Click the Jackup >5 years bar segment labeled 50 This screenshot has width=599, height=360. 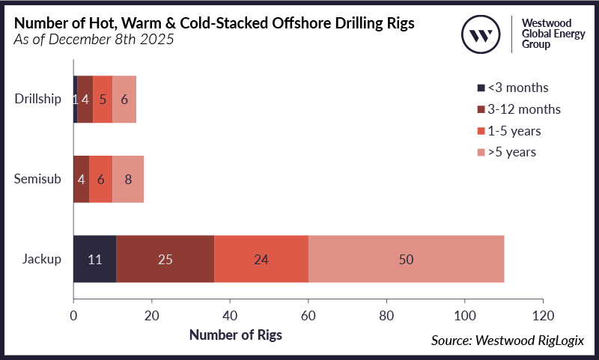point(405,260)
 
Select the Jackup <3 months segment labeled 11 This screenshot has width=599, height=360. point(94,260)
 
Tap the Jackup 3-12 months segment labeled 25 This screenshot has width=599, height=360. point(165,260)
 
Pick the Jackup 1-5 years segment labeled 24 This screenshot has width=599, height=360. point(261,260)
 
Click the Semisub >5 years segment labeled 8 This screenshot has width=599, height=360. point(128,180)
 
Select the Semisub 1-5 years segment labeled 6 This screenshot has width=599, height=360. point(100,180)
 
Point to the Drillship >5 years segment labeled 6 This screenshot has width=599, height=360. point(124,100)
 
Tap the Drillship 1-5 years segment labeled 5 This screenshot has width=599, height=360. point(103,100)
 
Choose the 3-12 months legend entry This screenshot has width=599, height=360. point(517,109)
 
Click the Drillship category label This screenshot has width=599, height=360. point(38,100)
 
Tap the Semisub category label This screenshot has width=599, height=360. point(38,180)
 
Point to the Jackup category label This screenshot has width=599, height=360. point(43,260)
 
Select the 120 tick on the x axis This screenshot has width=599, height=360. point(543,314)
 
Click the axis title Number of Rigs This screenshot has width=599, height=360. point(235,335)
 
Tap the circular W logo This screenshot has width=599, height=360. point(481,34)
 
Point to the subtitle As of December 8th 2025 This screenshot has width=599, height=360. point(94,40)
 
